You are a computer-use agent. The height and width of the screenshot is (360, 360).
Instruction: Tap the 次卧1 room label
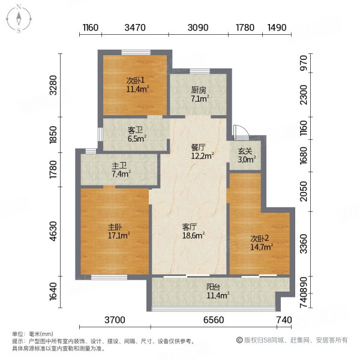click(136, 80)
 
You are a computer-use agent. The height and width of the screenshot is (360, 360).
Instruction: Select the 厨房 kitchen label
click(199, 91)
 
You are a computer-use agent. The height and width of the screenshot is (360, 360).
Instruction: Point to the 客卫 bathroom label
click(135, 130)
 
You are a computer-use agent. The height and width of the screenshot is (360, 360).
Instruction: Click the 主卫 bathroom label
click(119, 166)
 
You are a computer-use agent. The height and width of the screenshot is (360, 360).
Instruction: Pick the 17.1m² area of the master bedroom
click(119, 235)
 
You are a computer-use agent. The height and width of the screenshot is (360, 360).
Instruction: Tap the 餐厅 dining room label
click(199, 147)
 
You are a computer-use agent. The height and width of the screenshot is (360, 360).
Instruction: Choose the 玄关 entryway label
click(245, 151)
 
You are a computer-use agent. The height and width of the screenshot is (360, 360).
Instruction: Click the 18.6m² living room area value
click(193, 235)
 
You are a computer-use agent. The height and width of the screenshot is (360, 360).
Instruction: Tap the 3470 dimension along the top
click(135, 28)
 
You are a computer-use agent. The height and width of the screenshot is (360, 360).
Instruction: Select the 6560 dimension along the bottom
click(214, 320)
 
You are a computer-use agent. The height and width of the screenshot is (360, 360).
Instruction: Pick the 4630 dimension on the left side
click(53, 231)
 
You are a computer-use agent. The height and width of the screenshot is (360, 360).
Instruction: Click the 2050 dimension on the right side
click(304, 191)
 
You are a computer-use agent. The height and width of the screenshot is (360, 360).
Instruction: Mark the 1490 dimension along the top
click(277, 28)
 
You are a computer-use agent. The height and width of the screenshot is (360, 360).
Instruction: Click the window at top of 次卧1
click(136, 52)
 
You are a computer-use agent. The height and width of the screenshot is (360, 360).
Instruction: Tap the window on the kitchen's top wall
click(200, 71)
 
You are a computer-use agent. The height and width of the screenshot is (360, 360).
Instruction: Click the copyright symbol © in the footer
click(239, 340)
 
